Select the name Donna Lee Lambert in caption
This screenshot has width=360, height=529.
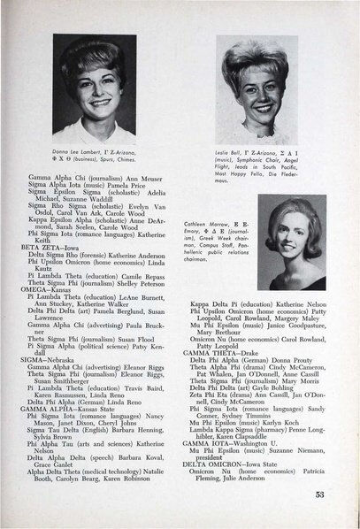(x=84, y=152)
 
